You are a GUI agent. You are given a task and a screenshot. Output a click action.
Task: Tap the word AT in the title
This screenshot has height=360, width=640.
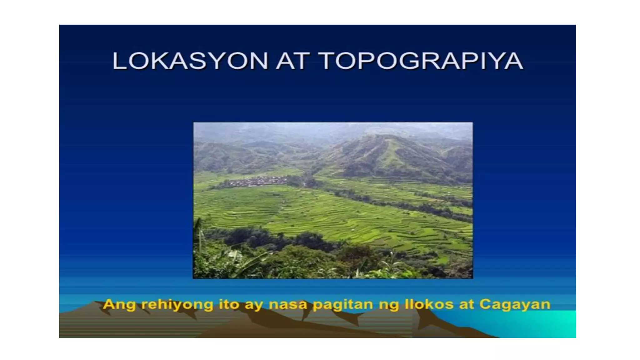(293, 61)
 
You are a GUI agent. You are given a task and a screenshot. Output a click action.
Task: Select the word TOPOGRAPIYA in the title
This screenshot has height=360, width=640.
(421, 61)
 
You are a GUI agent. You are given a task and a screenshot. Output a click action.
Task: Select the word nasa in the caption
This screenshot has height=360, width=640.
(288, 304)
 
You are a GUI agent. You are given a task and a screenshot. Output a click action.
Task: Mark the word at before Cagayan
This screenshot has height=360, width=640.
(466, 304)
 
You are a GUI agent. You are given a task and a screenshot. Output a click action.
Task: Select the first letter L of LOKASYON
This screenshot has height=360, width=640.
(118, 61)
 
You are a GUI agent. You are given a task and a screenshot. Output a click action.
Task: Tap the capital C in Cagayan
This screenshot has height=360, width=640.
(485, 304)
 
